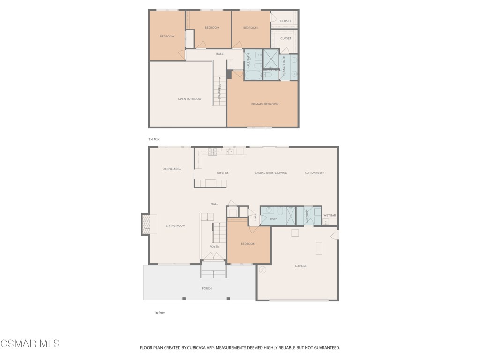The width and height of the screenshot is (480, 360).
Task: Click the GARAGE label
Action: coord(300,266)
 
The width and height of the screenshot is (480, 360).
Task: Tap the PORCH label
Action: coord(207,289)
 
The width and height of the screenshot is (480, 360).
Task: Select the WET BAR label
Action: coord(330,215)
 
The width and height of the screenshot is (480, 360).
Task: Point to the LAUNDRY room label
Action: coord(307,216)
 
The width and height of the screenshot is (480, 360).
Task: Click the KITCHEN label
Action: coord(223,173)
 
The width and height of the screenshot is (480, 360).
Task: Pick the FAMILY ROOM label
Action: coord(314,173)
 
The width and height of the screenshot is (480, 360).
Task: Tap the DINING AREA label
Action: coord(172,169)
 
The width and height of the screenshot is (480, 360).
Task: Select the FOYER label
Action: coord(214,247)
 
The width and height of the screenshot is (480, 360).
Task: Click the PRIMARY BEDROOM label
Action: coord(265,104)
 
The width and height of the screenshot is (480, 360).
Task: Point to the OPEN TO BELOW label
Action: coord(189,99)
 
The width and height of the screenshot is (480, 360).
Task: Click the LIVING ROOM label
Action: coord(175,226)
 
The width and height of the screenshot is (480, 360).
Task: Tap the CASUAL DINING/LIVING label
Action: coord(270,173)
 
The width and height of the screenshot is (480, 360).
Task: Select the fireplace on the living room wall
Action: coord(146,224)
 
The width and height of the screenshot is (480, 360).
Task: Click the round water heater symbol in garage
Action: coord(262,270)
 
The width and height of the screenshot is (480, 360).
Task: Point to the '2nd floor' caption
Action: coord(154,140)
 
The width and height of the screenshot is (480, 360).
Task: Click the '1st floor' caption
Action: coord(159,313)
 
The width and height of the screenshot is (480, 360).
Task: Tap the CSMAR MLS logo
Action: coord(30,344)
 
